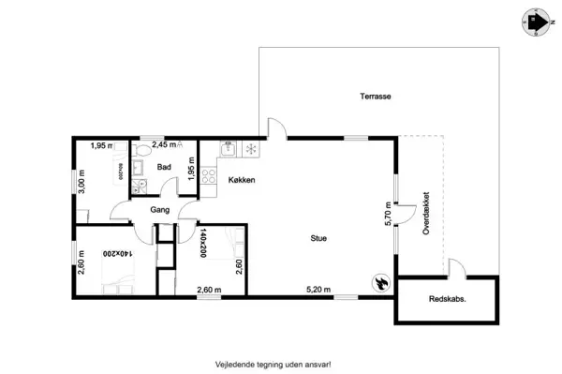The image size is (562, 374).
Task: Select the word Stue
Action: [319, 238]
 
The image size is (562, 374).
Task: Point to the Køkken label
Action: [242, 179]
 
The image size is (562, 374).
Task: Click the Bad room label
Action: [164, 168]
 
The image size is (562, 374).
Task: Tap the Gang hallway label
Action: [159, 210]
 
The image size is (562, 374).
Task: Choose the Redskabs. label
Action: [449, 302]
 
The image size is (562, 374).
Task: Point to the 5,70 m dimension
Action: [387, 216]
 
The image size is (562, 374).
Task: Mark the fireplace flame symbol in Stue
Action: [381, 281]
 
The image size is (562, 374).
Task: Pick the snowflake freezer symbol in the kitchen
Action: [250, 149]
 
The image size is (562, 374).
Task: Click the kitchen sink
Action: [227, 148]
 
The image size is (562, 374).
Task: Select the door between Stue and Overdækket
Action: [404, 216]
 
